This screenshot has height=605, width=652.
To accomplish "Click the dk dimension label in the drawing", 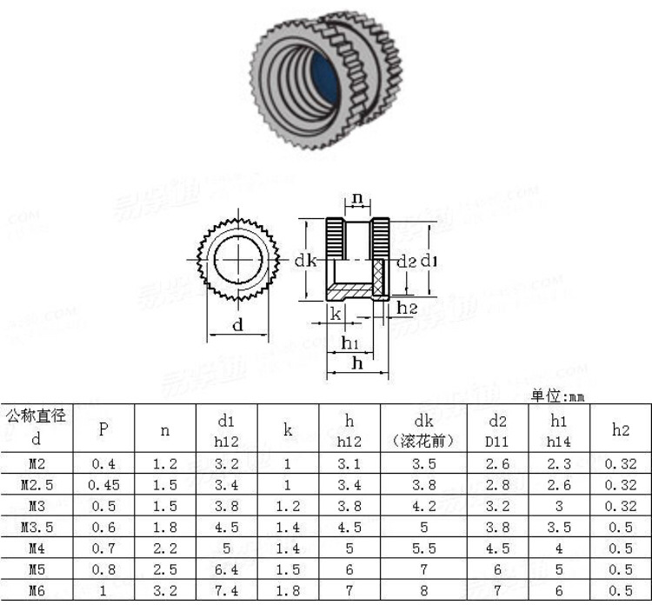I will click(x=304, y=260).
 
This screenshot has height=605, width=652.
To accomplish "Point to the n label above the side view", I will click(x=357, y=198).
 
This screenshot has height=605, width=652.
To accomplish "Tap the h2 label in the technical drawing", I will click(x=407, y=308).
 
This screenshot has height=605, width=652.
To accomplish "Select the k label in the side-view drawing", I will click(x=336, y=314).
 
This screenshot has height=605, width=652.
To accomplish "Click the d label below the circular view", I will click(x=237, y=326).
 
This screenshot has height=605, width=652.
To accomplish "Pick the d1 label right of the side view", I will click(x=429, y=260).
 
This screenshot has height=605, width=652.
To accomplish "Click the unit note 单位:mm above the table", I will click(x=558, y=396).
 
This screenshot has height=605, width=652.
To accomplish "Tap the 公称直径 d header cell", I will click(x=36, y=428).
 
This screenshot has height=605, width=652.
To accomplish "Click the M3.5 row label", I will click(x=36, y=527).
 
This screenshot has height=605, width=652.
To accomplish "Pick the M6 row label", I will click(x=36, y=591).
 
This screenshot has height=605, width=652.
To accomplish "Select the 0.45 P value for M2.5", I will click(x=103, y=485).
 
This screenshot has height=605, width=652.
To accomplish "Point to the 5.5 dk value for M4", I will click(x=422, y=548).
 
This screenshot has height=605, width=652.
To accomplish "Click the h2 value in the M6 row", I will click(x=620, y=591).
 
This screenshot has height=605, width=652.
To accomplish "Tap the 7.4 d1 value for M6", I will click(x=226, y=591).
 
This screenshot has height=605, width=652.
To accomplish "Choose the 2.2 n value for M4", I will click(x=165, y=548).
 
